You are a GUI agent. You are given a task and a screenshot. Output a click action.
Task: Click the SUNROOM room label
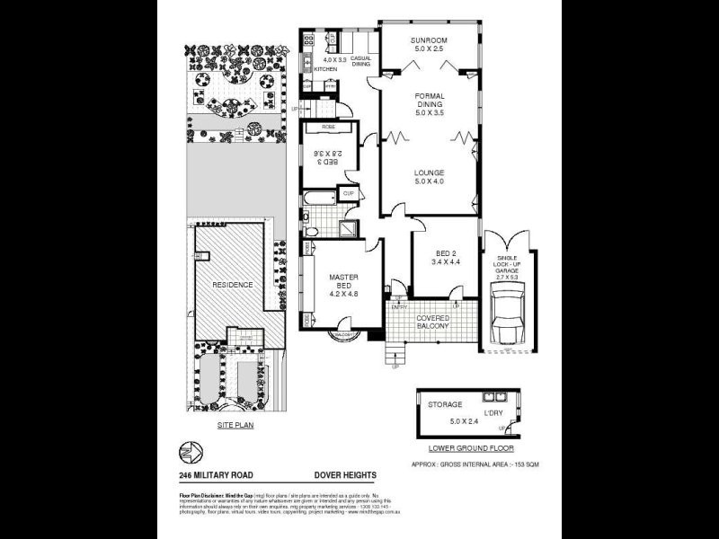429,41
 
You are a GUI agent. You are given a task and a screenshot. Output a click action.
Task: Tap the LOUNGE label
429,172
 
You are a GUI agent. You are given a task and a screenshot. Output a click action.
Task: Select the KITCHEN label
324,68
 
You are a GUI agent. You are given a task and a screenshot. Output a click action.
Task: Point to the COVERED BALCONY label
431,321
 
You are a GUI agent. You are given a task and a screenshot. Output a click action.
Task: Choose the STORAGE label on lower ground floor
444,405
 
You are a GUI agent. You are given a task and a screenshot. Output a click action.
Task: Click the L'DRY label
494,412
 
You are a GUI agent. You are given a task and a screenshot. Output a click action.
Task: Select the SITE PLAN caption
235,425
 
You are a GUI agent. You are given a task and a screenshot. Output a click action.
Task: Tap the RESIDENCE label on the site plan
232,285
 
